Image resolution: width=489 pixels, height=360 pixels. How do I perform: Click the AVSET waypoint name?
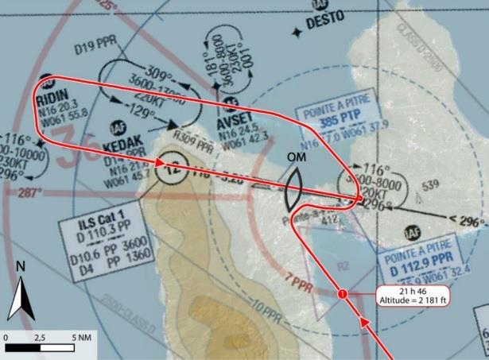[236, 125]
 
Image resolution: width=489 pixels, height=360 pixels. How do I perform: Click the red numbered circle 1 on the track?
[343, 295]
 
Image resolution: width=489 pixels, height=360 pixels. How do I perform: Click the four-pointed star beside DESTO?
[296, 31]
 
